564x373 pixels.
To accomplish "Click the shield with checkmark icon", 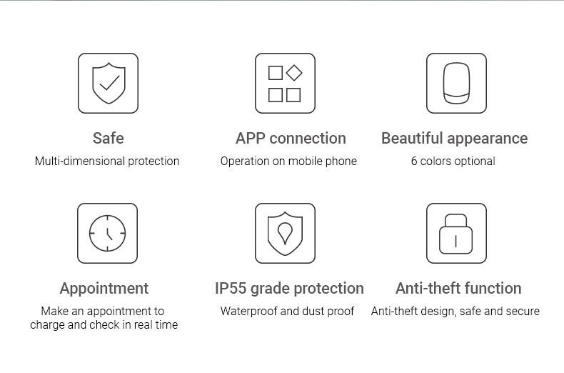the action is click(x=109, y=83).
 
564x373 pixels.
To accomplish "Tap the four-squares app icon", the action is click(x=286, y=83).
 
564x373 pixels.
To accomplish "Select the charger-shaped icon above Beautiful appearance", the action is click(x=456, y=83).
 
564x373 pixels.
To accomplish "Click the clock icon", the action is click(x=108, y=234).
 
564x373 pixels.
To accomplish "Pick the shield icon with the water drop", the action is click(x=286, y=234).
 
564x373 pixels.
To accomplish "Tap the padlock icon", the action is click(x=456, y=234).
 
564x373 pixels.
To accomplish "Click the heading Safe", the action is click(x=109, y=138).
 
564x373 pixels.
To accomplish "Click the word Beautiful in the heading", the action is click(x=412, y=138).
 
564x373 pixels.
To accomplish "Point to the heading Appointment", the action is click(x=104, y=289).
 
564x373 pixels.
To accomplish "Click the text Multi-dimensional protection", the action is click(x=107, y=161).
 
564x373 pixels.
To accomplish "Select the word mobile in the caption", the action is click(x=306, y=161).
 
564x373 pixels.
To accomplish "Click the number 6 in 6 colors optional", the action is click(x=414, y=161).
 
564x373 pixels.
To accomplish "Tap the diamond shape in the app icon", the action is click(x=294, y=73).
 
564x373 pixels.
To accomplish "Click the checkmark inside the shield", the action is click(x=109, y=83).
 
